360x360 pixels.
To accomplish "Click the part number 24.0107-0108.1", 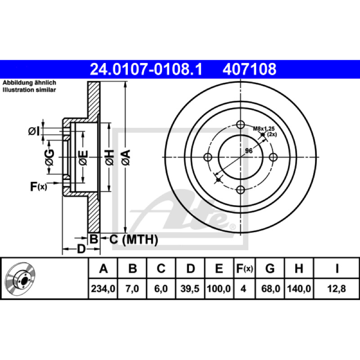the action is coord(146,69).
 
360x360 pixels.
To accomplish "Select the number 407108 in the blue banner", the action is coord(249,69).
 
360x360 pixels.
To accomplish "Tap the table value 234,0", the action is coord(103,288).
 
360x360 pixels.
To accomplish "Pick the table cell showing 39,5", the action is coord(190,288).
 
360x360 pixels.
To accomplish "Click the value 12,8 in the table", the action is coord(336,288).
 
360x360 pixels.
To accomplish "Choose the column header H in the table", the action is coord(299,268).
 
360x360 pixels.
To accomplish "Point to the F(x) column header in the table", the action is coord(244,268).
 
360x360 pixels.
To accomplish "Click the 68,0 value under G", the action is coord(271,288).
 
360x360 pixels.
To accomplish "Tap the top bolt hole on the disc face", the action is coord(240,125).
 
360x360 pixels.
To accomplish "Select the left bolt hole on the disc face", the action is coord(208,157).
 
